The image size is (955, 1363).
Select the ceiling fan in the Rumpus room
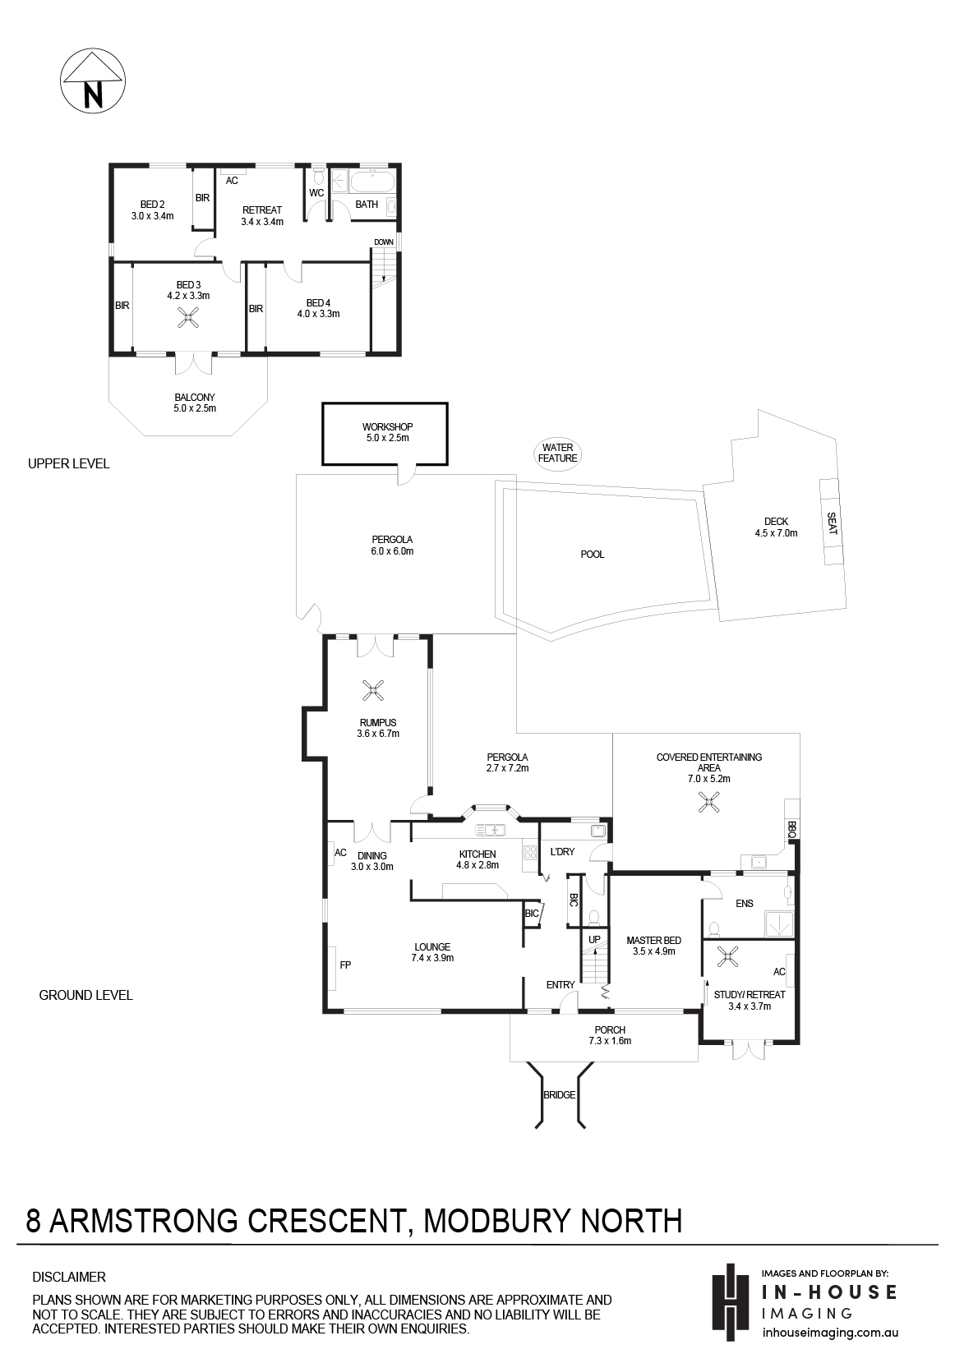[372, 691]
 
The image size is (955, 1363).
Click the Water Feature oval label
[557, 453]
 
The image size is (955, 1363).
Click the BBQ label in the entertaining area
[791, 830]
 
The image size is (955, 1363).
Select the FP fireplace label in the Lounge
[345, 965]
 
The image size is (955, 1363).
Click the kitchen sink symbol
[491, 830]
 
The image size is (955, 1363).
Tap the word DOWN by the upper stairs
[384, 242]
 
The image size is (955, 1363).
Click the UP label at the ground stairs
[595, 940]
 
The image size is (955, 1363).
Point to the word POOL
[593, 555]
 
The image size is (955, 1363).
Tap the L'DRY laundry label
[562, 852]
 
